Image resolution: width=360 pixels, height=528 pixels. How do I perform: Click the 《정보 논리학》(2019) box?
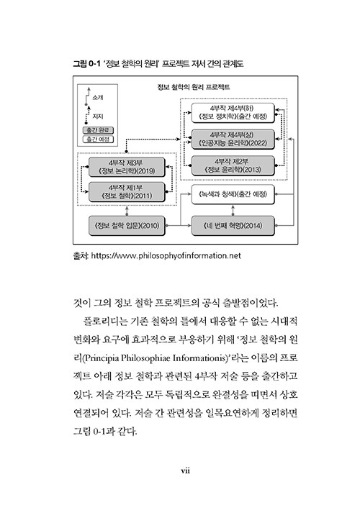coord(127,167)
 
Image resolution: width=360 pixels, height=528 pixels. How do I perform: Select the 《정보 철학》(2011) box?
coord(127,192)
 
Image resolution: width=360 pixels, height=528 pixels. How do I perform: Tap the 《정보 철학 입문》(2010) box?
coord(127,225)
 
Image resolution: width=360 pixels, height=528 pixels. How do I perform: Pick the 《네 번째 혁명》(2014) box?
coord(233,225)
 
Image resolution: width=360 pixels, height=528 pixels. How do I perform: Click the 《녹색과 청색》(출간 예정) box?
coord(233,194)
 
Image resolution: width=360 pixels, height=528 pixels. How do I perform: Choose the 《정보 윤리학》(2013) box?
coord(233,165)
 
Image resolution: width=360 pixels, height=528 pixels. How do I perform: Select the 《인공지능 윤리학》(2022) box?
coord(233,139)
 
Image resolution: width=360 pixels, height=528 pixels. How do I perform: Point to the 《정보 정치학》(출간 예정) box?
coord(233,113)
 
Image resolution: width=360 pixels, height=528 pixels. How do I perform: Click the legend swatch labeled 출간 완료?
coord(98,130)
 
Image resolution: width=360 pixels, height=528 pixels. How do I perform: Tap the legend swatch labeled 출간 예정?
coord(98,139)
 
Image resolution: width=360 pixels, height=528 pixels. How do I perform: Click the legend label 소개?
coord(98,98)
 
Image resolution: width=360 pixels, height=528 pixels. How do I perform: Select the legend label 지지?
coord(98,117)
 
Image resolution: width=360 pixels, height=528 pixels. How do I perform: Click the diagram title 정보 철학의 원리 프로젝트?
coord(194,87)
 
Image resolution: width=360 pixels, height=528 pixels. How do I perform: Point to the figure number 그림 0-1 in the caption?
coord(86,63)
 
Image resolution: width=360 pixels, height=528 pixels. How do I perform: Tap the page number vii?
coord(185,470)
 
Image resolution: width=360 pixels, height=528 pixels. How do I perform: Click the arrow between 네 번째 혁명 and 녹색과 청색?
coord(233,210)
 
